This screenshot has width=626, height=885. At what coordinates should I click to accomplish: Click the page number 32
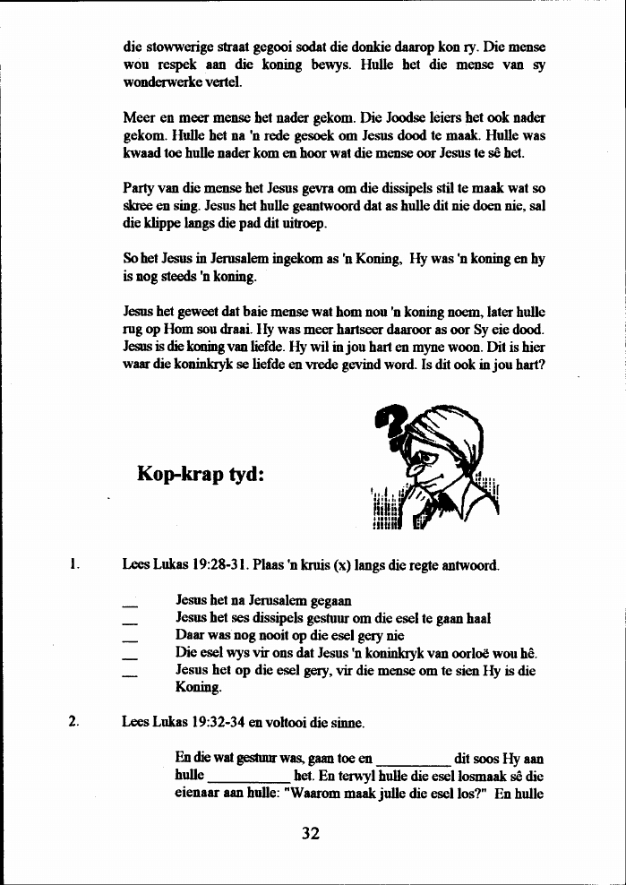click(x=311, y=833)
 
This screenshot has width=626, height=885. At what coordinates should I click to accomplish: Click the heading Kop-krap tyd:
click(x=201, y=473)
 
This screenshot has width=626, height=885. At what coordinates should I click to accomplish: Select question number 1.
click(x=75, y=565)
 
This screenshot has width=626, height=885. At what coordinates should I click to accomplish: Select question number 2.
click(x=75, y=722)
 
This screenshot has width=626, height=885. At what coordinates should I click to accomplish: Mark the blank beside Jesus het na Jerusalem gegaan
click(x=130, y=603)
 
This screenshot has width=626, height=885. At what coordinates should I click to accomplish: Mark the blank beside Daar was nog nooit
click(x=130, y=637)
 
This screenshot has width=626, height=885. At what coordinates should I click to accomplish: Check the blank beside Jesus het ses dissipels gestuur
click(x=130, y=620)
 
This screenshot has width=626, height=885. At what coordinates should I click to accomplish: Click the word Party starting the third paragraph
click(x=138, y=189)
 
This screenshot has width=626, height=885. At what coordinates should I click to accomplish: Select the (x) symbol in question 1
click(x=342, y=565)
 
